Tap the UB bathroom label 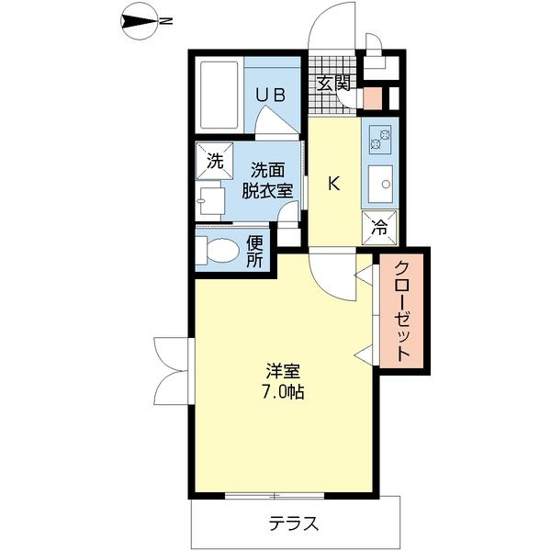coord(270,94)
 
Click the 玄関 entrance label coord(333,83)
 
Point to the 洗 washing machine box coord(214,162)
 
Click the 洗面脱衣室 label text coord(267,179)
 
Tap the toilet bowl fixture coord(217,251)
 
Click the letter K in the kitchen coord(334,184)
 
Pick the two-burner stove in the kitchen coord(379,139)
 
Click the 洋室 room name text coord(282,372)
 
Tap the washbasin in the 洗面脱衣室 coord(210,200)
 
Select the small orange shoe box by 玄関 coord(373,97)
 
